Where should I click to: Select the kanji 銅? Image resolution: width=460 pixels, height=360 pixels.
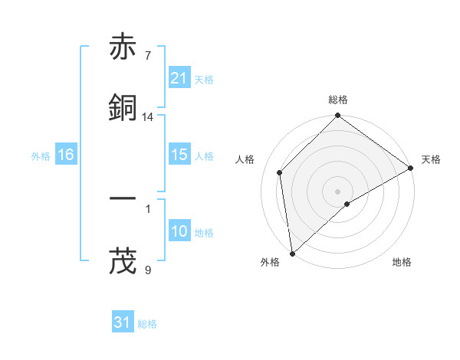pyautogui.click(x=123, y=108)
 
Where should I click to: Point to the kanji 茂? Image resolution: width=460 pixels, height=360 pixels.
pyautogui.click(x=123, y=260)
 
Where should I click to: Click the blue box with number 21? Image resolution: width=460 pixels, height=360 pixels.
pyautogui.click(x=179, y=78)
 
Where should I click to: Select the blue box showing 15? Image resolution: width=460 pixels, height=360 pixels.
pyautogui.click(x=179, y=155)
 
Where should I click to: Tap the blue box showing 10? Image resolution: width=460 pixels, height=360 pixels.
pyautogui.click(x=179, y=231)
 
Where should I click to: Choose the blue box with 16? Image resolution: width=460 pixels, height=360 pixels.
pyautogui.click(x=66, y=155)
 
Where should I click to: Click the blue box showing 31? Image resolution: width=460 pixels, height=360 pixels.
pyautogui.click(x=123, y=323)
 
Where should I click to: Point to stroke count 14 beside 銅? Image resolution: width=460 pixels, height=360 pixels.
pyautogui.click(x=148, y=117)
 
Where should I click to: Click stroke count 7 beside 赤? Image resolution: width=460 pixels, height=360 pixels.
pyautogui.click(x=147, y=56)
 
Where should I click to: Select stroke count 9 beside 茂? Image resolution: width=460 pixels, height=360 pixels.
pyautogui.click(x=147, y=269)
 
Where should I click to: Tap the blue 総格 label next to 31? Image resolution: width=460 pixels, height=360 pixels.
pyautogui.click(x=147, y=324)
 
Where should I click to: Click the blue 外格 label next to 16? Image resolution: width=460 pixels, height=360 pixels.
pyautogui.click(x=41, y=155)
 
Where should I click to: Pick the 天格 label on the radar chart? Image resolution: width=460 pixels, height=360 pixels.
pyautogui.click(x=431, y=159)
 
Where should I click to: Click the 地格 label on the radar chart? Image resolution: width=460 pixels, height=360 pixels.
pyautogui.click(x=402, y=262)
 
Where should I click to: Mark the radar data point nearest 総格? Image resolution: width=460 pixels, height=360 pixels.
pyautogui.click(x=337, y=116)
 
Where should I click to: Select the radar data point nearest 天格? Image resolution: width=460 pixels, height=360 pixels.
pyautogui.click(x=411, y=168)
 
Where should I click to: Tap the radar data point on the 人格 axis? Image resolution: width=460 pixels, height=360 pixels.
pyautogui.click(x=280, y=172)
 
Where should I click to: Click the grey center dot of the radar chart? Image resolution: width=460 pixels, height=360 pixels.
pyautogui.click(x=337, y=191)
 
